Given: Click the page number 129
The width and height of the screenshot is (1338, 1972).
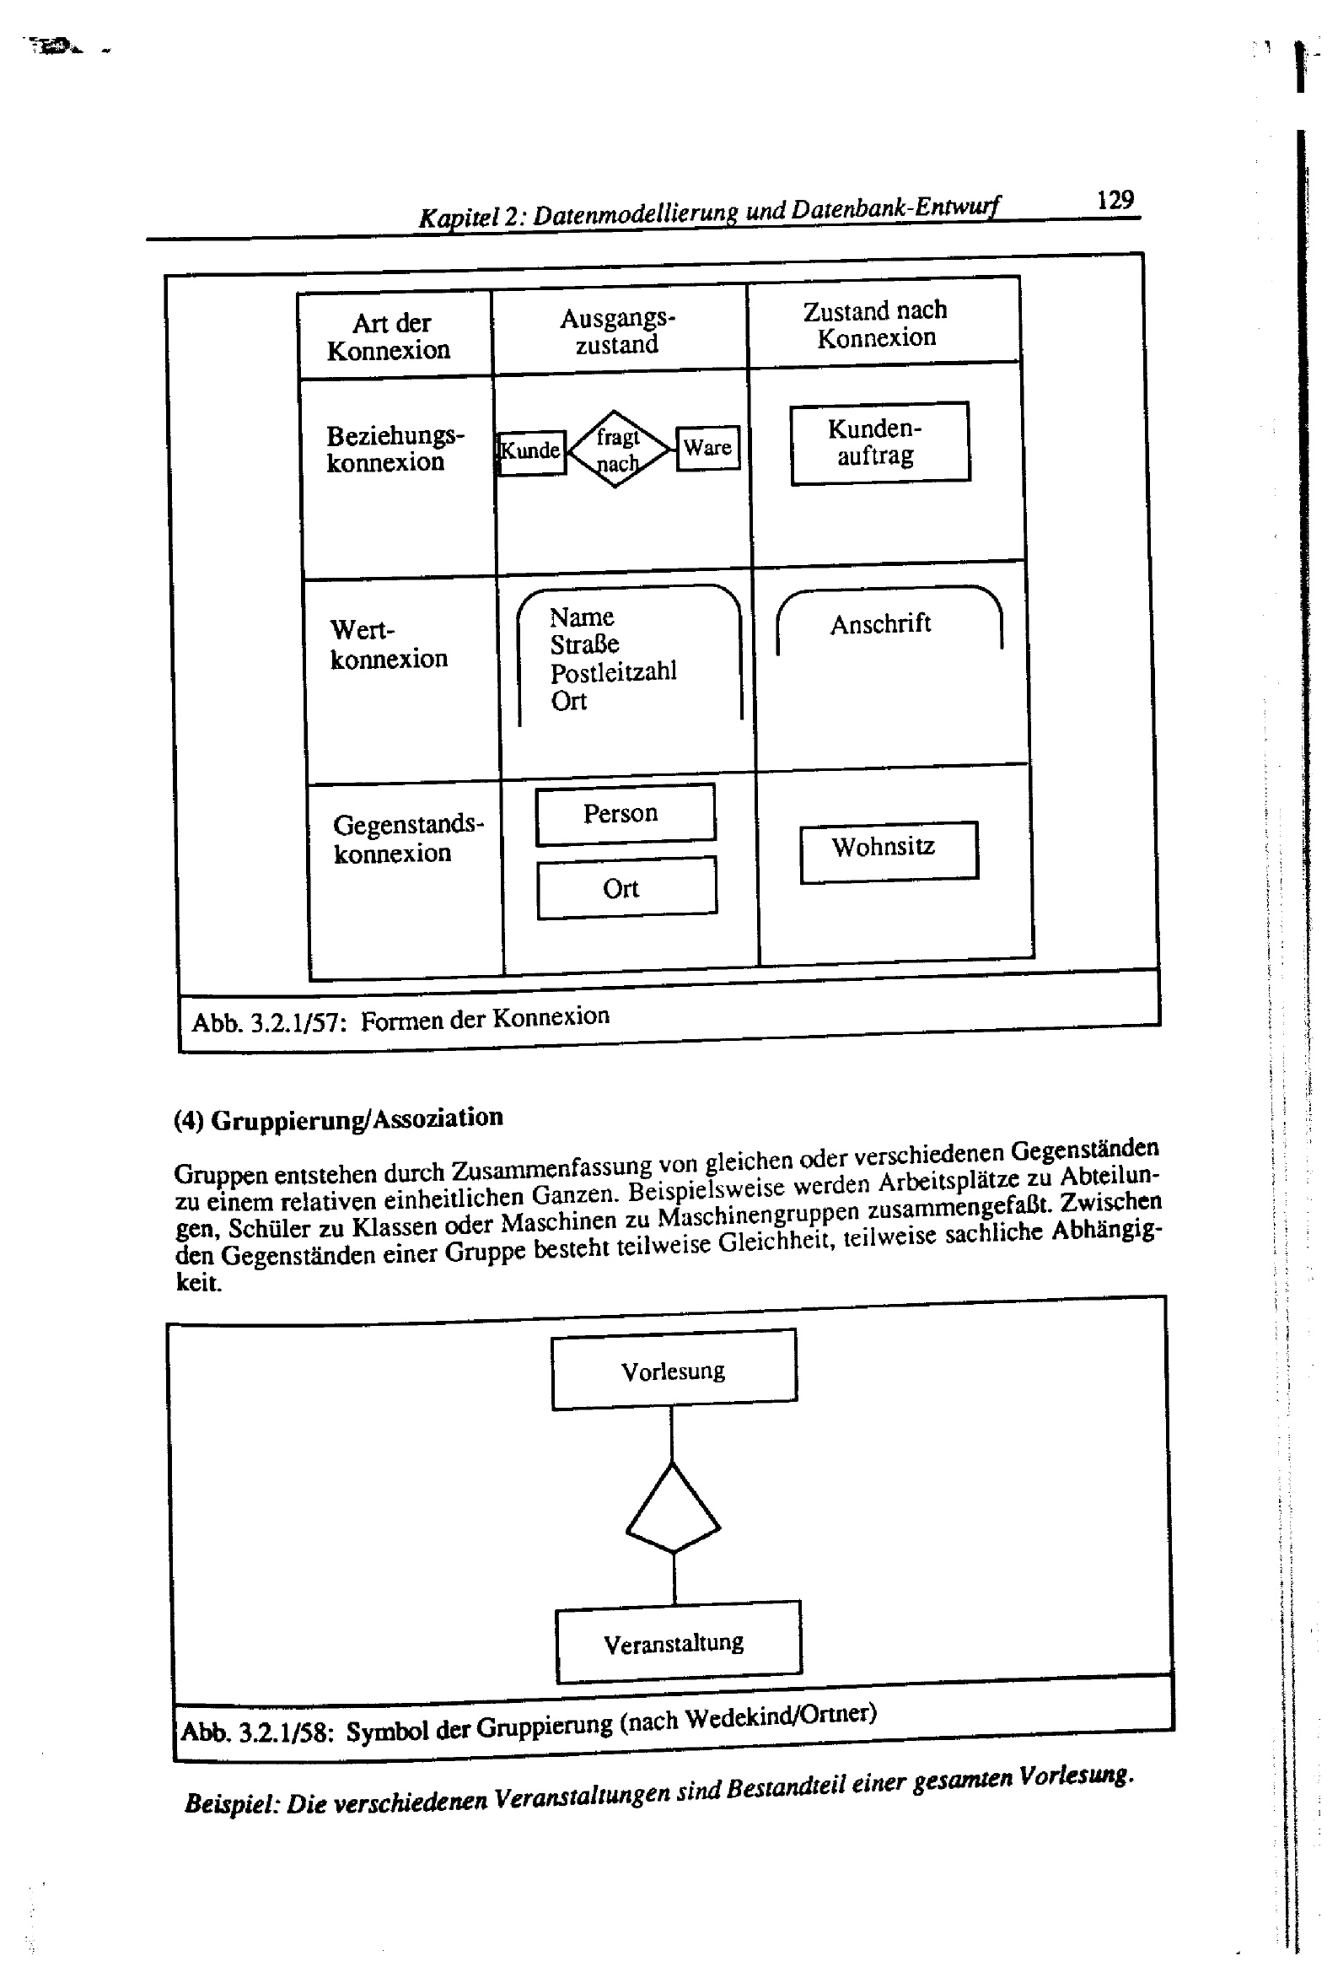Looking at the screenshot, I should pyautogui.click(x=1115, y=200).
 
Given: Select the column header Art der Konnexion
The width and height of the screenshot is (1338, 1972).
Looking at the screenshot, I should pyautogui.click(x=390, y=337).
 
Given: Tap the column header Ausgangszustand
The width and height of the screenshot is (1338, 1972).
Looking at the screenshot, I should pyautogui.click(x=617, y=331).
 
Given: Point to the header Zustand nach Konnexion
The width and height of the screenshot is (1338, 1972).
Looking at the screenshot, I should pyautogui.click(x=876, y=324).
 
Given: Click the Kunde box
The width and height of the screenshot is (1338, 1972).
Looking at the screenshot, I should pyautogui.click(x=531, y=451).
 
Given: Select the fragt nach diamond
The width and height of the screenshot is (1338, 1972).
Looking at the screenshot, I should pyautogui.click(x=618, y=449).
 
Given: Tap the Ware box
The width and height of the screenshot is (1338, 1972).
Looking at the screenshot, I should pyautogui.click(x=707, y=447).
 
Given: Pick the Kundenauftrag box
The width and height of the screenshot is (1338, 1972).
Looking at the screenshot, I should pyautogui.click(x=879, y=442).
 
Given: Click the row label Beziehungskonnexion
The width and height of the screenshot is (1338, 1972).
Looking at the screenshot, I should pyautogui.click(x=395, y=449).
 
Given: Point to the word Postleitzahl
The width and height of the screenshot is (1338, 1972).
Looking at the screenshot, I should pyautogui.click(x=614, y=672).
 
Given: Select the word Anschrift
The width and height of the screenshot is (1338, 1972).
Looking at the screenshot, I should pyautogui.click(x=880, y=624).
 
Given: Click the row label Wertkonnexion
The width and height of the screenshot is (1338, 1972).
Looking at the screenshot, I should pyautogui.click(x=388, y=645).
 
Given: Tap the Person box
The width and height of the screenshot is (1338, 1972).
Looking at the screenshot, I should pyautogui.click(x=625, y=814).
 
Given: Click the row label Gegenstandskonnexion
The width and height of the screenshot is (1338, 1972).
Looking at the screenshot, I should pyautogui.click(x=407, y=838).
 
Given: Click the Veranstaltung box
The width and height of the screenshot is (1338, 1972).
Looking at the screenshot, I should pyautogui.click(x=677, y=1644).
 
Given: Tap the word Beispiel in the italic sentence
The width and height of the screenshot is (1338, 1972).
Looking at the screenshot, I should pyautogui.click(x=232, y=1802).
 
